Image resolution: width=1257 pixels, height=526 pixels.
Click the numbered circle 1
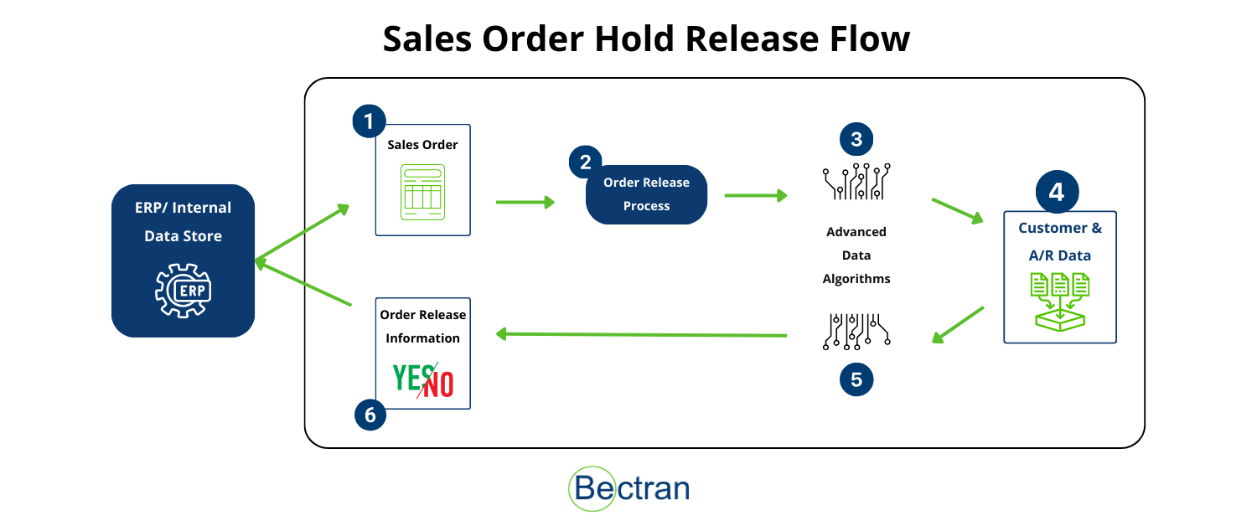369,121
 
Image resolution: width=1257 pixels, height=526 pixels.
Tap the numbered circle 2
585,162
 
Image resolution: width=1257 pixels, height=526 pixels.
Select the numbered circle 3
856,140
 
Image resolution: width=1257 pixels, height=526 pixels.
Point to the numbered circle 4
1057,193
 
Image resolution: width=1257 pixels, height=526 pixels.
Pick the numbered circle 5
856,379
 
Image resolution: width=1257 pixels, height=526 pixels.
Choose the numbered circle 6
370,414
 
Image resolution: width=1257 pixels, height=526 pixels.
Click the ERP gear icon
184,290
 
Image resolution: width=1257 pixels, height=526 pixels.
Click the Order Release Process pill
646,194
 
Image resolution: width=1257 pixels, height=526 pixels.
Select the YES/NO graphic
423,380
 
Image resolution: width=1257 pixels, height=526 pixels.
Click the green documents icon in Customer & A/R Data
1060,301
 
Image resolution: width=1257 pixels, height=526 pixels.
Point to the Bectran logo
628,488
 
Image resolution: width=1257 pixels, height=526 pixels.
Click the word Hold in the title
638,39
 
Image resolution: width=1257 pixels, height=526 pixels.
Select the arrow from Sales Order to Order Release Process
525,202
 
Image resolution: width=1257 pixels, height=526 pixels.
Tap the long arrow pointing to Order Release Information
641,334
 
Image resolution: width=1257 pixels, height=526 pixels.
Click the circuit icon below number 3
856,181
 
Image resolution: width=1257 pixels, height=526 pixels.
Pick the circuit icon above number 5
856,332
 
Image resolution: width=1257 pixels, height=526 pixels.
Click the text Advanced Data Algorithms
856,255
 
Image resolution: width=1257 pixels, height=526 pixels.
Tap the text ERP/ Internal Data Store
184,222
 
